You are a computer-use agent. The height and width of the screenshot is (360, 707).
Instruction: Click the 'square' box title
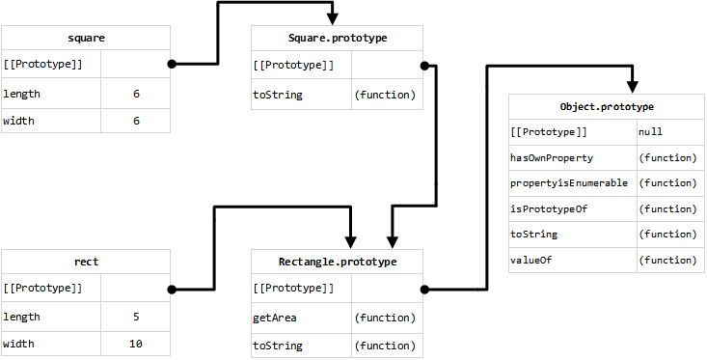pyautogui.click(x=86, y=39)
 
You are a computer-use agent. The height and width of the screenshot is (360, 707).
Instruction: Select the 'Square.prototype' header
pyautogui.click(x=337, y=39)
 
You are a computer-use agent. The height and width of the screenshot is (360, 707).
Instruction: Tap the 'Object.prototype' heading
pyautogui.click(x=607, y=105)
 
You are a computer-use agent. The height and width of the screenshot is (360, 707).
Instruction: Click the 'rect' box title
pyautogui.click(x=86, y=262)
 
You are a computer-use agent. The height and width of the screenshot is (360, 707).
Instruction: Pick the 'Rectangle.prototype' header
pyautogui.click(x=337, y=262)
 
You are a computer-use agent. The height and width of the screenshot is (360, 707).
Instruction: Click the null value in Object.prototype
pyautogui.click(x=649, y=130)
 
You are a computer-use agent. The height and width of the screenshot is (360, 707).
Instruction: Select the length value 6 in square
pyautogui.click(x=136, y=95)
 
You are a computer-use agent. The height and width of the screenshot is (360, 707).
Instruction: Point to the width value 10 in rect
pyautogui.click(x=136, y=345)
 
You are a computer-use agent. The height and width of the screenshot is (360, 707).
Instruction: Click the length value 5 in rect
pyautogui.click(x=136, y=317)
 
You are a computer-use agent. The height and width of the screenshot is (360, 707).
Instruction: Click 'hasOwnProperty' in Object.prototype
pyautogui.click(x=551, y=156)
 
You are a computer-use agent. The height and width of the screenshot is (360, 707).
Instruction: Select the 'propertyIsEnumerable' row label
pyautogui.click(x=569, y=182)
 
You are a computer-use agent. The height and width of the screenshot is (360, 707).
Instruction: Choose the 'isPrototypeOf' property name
pyautogui.click(x=548, y=208)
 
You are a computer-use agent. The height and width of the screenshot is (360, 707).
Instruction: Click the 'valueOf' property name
pyautogui.click(x=530, y=260)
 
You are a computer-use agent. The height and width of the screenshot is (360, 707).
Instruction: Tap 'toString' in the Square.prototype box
pyautogui.click(x=278, y=95)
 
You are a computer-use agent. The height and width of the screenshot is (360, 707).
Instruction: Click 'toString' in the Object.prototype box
pyautogui.click(x=533, y=235)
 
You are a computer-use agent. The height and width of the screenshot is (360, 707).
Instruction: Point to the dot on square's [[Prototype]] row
pyautogui.click(x=172, y=65)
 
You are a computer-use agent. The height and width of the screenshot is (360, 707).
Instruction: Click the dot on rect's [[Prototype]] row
pyautogui.click(x=172, y=289)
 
